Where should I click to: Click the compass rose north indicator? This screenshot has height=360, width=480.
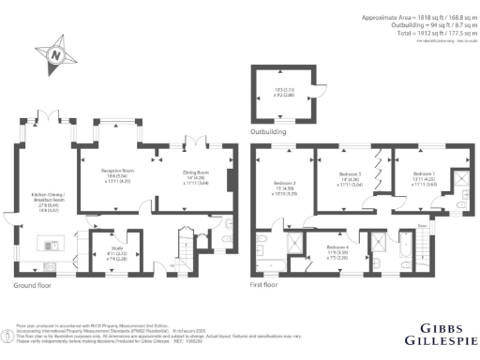tap(54, 56)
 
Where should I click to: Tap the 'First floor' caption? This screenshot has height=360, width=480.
tap(268, 283)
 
